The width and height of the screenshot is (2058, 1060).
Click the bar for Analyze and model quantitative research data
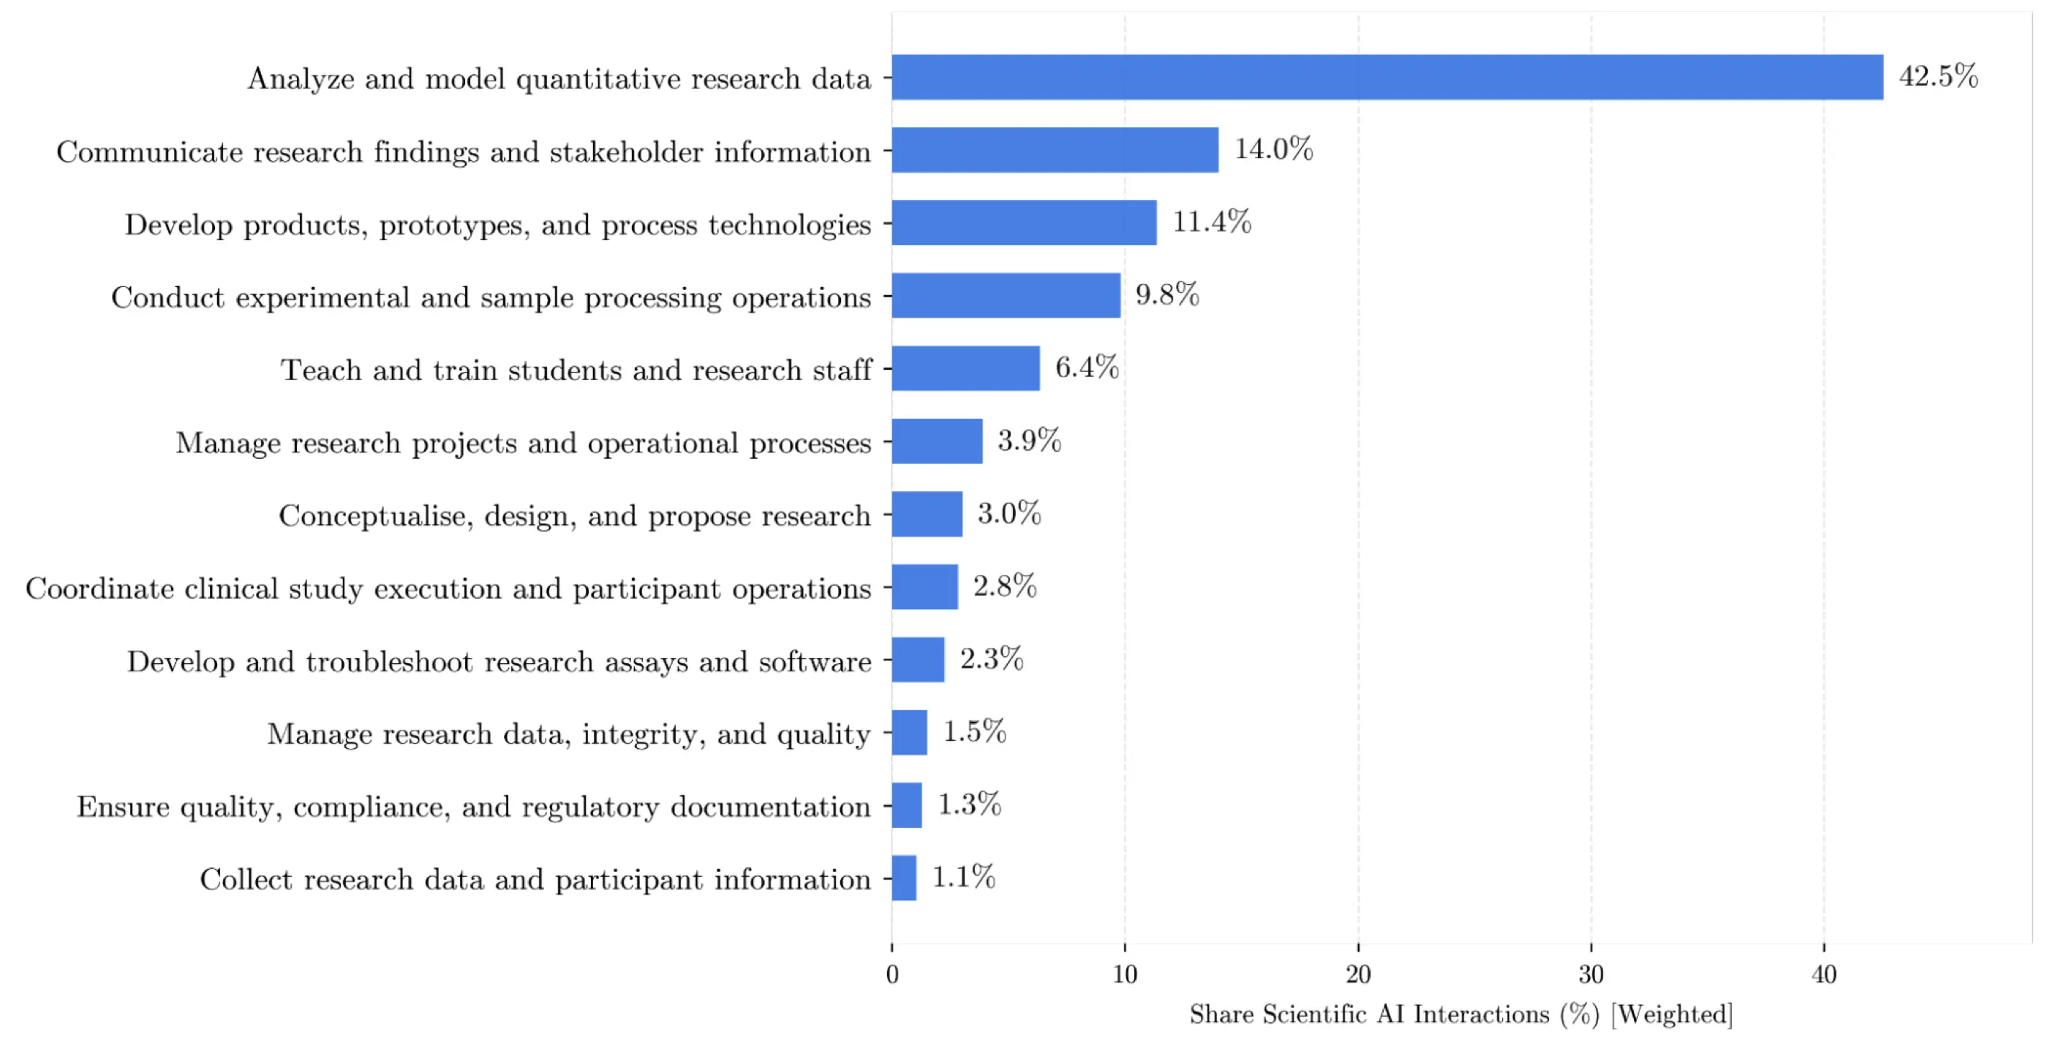click(1387, 77)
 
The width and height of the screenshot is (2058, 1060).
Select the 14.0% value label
click(1273, 149)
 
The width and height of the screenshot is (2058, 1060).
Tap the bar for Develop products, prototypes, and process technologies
click(1024, 223)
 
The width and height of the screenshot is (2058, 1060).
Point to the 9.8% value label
click(1167, 294)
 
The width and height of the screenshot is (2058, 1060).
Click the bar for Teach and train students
click(966, 367)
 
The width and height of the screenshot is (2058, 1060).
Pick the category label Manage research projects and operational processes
click(524, 443)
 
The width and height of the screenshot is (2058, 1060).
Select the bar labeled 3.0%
click(927, 514)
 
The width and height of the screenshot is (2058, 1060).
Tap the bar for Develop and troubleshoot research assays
click(918, 660)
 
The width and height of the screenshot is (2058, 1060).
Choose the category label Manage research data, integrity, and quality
click(569, 734)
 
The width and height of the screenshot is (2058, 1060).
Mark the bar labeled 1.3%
click(907, 805)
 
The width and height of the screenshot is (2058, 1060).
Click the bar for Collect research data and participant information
click(905, 878)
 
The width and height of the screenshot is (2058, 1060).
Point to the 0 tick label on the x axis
click(892, 974)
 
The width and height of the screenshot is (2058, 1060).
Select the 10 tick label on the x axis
click(1125, 974)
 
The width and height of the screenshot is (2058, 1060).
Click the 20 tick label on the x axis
click(1358, 974)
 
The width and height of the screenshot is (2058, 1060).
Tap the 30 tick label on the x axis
click(1591, 974)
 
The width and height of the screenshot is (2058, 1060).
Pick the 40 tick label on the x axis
click(1824, 974)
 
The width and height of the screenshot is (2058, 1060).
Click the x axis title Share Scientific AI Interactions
click(1370, 1015)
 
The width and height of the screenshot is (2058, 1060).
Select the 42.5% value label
click(1938, 76)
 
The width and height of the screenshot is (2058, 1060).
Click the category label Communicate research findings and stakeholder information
click(464, 152)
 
